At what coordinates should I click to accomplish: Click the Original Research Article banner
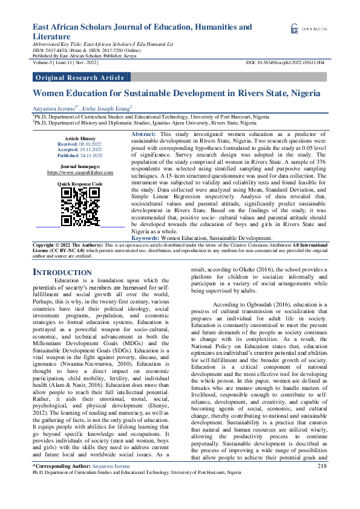[80, 77]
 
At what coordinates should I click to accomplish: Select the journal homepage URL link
[80, 172]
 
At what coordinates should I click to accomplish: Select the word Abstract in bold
[143, 133]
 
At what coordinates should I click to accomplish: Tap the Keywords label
[145, 238]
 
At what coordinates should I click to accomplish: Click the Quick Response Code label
[80, 183]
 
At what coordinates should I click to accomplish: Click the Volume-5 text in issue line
[44, 62]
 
